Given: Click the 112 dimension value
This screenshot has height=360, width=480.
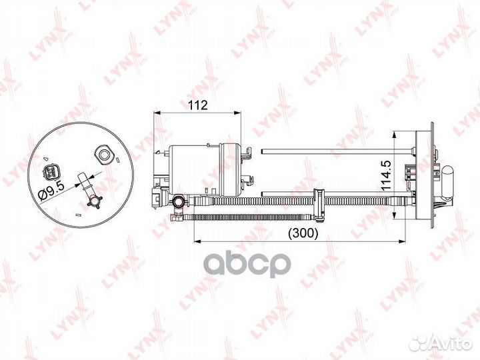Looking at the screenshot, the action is (198, 105).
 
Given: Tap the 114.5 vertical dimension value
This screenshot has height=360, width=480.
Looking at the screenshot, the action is (386, 175).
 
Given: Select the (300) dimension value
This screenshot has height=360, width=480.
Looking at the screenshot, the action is (303, 233).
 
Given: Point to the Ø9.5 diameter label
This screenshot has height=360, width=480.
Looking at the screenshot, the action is (51, 190).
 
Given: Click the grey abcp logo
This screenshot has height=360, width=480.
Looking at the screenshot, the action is (247, 264).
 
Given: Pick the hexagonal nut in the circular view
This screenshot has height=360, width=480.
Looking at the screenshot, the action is (105, 154).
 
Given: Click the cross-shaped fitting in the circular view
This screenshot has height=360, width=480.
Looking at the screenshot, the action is (94, 202).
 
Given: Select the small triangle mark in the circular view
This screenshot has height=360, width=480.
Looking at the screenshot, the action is (45, 158).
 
